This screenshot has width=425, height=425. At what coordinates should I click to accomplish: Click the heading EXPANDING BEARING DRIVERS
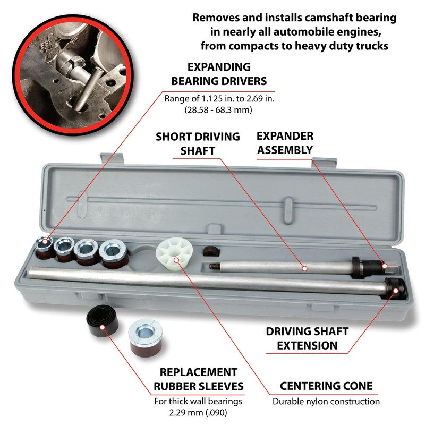[226, 74]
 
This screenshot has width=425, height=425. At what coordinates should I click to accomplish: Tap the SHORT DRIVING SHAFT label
[198, 143]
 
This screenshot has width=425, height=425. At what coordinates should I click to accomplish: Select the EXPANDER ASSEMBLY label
[285, 143]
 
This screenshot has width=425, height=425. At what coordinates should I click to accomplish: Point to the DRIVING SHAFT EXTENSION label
[307, 338]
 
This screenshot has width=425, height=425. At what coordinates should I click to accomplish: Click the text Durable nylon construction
[326, 402]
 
